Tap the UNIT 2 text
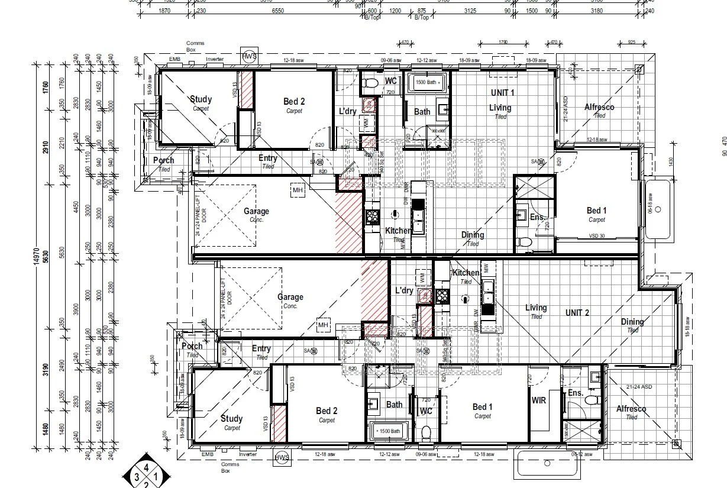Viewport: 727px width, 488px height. coord(577,312)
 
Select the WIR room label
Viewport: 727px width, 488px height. coord(538,400)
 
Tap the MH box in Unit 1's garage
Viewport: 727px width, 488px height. coord(298,190)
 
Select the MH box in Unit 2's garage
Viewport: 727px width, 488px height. coord(323,325)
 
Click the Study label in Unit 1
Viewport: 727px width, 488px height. coord(201,99)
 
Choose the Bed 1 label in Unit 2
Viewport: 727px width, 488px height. coord(482,407)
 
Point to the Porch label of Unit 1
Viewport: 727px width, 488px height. coord(163,160)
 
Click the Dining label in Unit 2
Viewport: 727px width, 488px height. coord(632,322)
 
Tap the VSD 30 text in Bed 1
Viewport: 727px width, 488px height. coord(597,236)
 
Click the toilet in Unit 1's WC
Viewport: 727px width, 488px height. coord(371,84)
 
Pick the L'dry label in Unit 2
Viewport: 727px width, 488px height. coord(403,290)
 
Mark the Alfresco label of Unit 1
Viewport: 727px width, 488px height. coord(599,107)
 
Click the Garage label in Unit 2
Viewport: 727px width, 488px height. coord(290,298)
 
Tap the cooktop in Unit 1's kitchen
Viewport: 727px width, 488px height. coord(372,217)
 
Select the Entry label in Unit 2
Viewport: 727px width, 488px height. coord(261,348)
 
